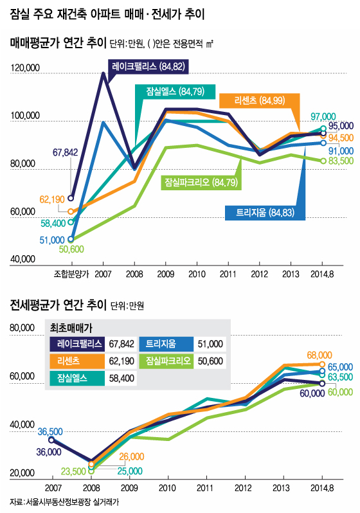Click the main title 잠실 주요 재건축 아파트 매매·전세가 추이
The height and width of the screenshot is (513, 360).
tap(113, 12)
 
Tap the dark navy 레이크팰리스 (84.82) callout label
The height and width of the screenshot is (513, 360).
tap(148, 66)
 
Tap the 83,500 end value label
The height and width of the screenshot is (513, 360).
tap(341, 160)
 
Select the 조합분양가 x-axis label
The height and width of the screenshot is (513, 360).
tap(71, 273)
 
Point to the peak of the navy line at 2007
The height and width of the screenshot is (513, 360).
tap(103, 73)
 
